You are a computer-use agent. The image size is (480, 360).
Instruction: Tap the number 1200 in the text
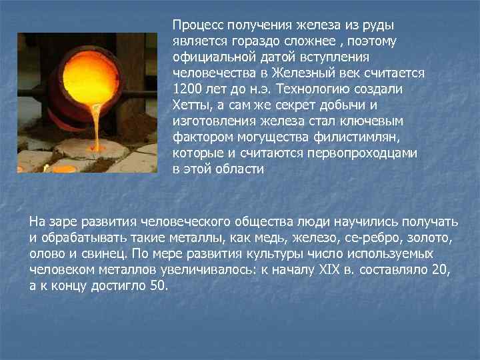tap(187, 89)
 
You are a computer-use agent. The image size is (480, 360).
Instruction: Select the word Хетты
tap(191, 105)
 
